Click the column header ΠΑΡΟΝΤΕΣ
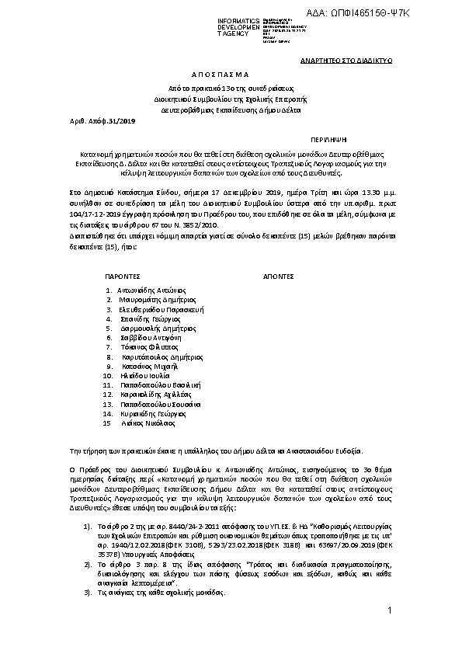pos(122,275)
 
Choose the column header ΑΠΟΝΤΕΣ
pos(278,275)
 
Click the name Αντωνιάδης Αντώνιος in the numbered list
pos(152,289)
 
